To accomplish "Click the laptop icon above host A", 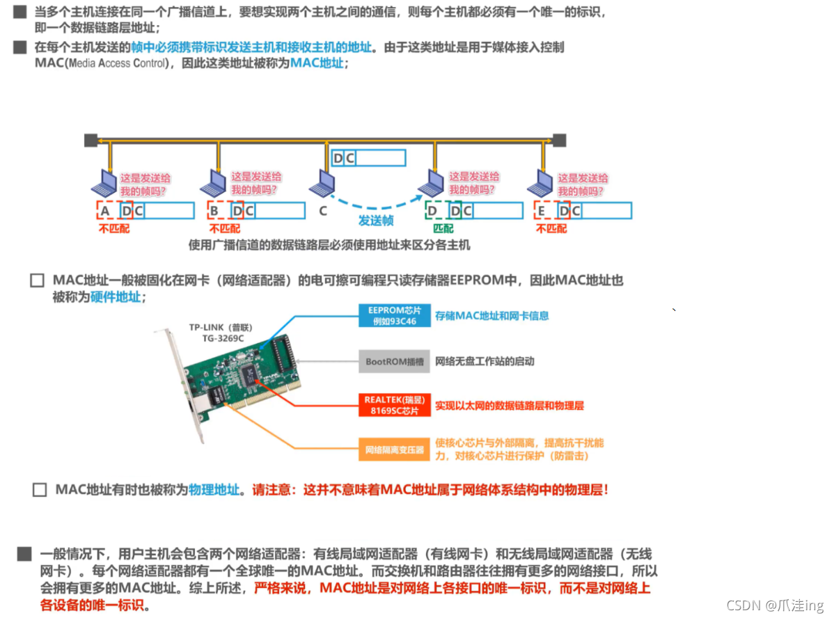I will pyautogui.click(x=104, y=183).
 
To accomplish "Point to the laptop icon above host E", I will pyautogui.click(x=540, y=183).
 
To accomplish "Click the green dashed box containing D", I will pyautogui.click(x=432, y=210).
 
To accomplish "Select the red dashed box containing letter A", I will pyautogui.click(x=105, y=210).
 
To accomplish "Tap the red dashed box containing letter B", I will pyautogui.click(x=214, y=210).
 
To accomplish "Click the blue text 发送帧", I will pyautogui.click(x=376, y=220).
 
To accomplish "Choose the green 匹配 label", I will pyautogui.click(x=443, y=228).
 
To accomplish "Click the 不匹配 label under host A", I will pyautogui.click(x=114, y=228).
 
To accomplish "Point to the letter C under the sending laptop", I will pyautogui.click(x=323, y=211).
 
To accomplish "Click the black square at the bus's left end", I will pyautogui.click(x=91, y=140).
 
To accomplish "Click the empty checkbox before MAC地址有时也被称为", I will pyautogui.click(x=40, y=490).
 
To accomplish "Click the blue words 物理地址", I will pyautogui.click(x=214, y=490).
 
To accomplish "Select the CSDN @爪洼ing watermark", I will pyautogui.click(x=775, y=605).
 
